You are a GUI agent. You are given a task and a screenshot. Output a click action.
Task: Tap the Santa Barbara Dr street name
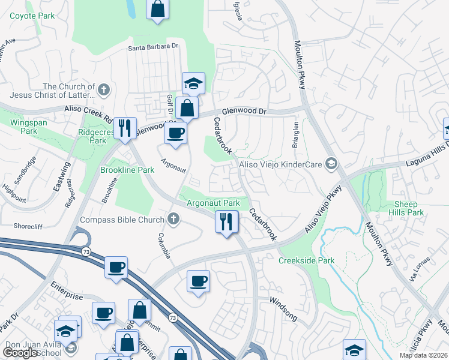153,46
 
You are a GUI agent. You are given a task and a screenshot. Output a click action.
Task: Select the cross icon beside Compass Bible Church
173,219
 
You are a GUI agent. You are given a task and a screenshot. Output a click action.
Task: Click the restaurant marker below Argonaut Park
226,222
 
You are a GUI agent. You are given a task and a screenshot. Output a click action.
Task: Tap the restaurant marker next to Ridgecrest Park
125,127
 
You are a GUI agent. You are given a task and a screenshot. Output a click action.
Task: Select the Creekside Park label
306,260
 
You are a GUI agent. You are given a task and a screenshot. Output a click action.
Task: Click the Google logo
20,353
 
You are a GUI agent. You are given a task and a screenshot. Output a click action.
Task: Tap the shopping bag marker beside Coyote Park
157,10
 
